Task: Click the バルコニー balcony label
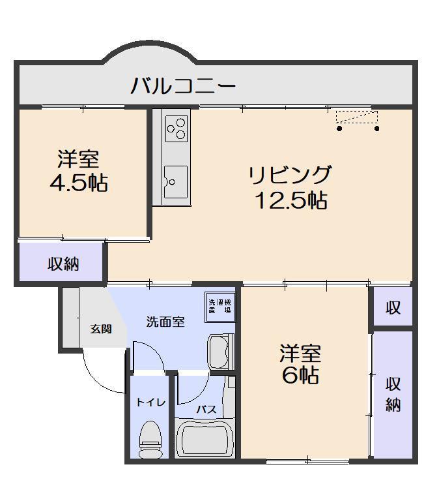(x=182, y=85)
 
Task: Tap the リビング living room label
(x=289, y=175)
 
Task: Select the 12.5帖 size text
(x=290, y=200)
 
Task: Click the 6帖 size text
(x=300, y=376)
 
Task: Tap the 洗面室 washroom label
(x=165, y=322)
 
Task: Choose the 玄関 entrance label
(x=100, y=329)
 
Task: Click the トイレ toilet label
(x=150, y=402)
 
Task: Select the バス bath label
(x=206, y=410)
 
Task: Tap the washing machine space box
(x=220, y=306)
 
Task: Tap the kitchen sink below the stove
(x=175, y=181)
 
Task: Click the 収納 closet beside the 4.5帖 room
(x=63, y=264)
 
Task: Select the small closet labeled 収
(x=393, y=307)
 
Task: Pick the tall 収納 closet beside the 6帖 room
(x=393, y=394)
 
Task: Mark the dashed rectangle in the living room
(x=356, y=117)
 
